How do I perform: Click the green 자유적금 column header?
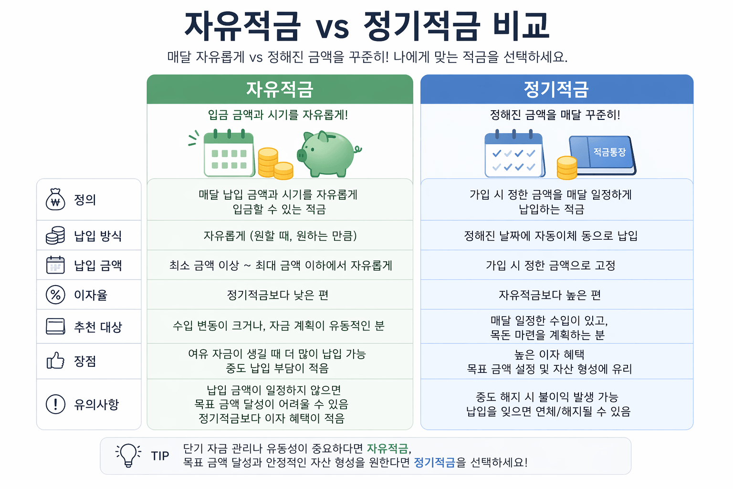pos(280,89)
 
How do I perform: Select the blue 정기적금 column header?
pos(556,89)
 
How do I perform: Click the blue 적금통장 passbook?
pos(602,154)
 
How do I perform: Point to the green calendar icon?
pos(229,153)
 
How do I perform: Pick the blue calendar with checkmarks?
pos(514,154)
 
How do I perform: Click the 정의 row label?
pos(85,200)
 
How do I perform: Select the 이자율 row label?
pos(91,295)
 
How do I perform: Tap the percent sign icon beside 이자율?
pos(55,295)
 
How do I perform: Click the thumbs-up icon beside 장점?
pos(55,361)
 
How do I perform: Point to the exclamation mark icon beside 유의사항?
pos(55,404)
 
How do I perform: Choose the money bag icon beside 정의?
pos(55,200)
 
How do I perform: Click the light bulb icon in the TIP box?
pos(128,455)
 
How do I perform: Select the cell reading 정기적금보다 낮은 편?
pos(278,295)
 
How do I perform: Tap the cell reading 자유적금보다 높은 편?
pos(550,295)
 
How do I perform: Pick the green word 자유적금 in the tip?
pos(387,448)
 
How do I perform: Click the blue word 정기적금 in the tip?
pos(434,462)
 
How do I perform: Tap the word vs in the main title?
pos(332,27)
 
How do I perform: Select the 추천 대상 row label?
pos(98,327)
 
